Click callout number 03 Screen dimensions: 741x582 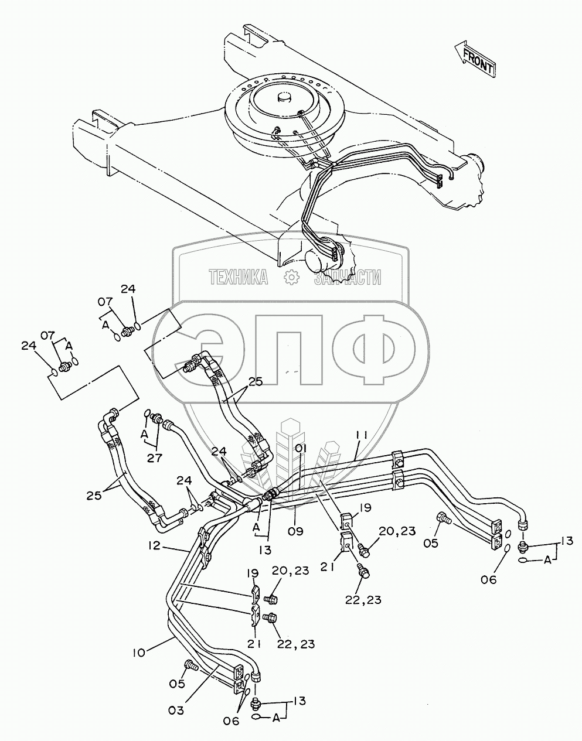click(x=176, y=710)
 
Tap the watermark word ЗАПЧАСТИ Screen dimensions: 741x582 click(x=348, y=277)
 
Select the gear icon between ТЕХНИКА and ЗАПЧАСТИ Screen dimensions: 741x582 click(x=291, y=277)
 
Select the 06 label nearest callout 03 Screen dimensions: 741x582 click(x=232, y=721)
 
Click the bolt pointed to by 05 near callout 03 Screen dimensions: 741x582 click(x=190, y=665)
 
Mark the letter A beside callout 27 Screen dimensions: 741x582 click(x=144, y=434)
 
